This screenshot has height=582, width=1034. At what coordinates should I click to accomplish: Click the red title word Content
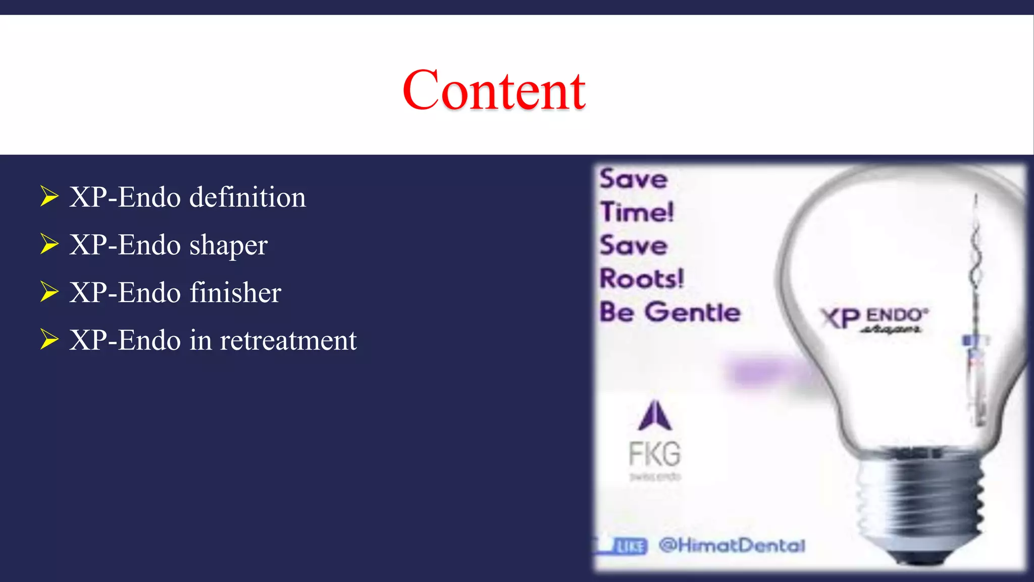coord(494,91)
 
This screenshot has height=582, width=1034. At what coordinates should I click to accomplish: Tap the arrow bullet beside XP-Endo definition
coord(49,197)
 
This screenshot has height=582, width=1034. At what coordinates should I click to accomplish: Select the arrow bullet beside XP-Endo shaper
coord(49,245)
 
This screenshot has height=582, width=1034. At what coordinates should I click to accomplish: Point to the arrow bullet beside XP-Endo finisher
coord(49,292)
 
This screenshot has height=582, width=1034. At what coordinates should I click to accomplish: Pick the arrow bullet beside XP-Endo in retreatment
coord(49,339)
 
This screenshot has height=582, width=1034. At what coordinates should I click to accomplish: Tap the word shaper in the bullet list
coord(228,246)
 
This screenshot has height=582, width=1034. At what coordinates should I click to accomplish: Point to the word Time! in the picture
coord(637,212)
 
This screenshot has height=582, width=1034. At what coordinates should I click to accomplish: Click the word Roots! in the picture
coord(642,279)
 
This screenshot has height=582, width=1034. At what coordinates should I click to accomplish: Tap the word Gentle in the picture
coord(693,312)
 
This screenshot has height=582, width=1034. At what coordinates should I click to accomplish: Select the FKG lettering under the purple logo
coord(655,454)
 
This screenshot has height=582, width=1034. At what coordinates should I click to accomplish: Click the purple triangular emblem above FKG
coord(655,416)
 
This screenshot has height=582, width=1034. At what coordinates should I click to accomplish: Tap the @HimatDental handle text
coord(732,546)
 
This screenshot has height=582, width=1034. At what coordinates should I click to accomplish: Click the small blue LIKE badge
coord(631,546)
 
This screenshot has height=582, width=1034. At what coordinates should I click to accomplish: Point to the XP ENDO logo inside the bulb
coord(873,319)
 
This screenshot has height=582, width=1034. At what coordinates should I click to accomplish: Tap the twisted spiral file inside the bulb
coord(976,263)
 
